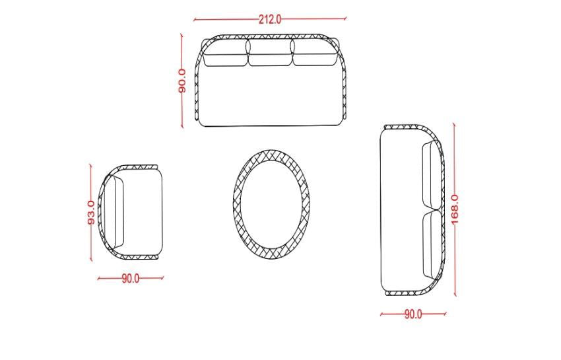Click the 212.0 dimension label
tap(270, 19)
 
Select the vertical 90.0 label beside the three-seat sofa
tap(182, 81)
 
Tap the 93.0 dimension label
tap(92, 213)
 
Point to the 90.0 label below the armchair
tap(131, 278)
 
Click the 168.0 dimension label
tap(454, 209)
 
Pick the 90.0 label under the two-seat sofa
tap(413, 314)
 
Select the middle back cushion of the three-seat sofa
tap(270, 53)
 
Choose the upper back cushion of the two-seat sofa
tap(432, 175)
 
